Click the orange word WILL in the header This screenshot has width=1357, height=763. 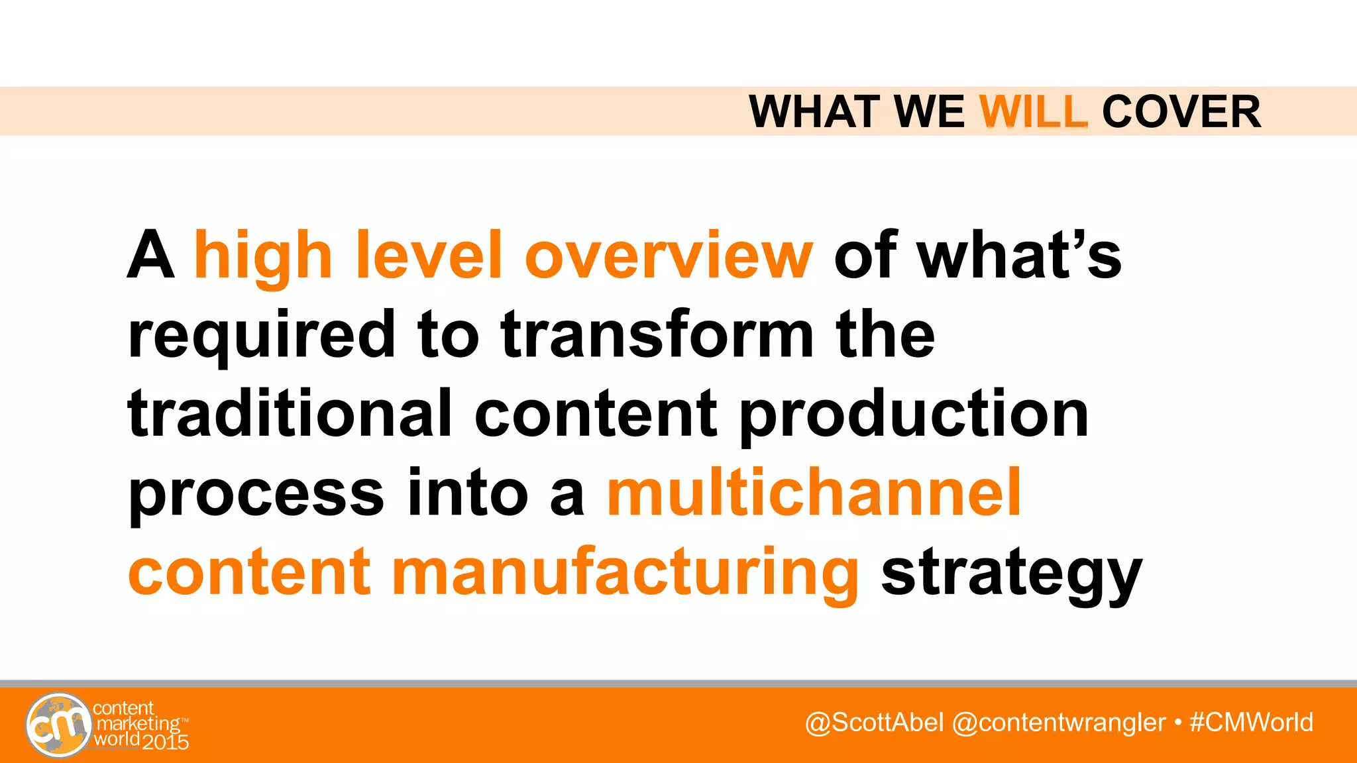pyautogui.click(x=1033, y=111)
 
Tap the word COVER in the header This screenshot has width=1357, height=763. pyautogui.click(x=1181, y=111)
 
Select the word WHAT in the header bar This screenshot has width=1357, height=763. pyautogui.click(x=816, y=111)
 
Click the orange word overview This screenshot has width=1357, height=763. pyautogui.click(x=669, y=256)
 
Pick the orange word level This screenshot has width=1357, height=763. pyautogui.click(x=429, y=256)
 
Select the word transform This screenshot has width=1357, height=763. pyautogui.click(x=657, y=334)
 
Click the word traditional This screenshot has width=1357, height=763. pyautogui.click(x=290, y=414)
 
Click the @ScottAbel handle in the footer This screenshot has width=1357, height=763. pyautogui.click(x=874, y=722)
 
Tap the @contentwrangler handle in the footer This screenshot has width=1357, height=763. pyautogui.click(x=1058, y=722)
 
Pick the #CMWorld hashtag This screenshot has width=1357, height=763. pyautogui.click(x=1251, y=722)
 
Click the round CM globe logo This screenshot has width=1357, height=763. pyautogui.click(x=58, y=725)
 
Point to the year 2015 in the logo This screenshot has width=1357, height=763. pyautogui.click(x=166, y=742)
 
